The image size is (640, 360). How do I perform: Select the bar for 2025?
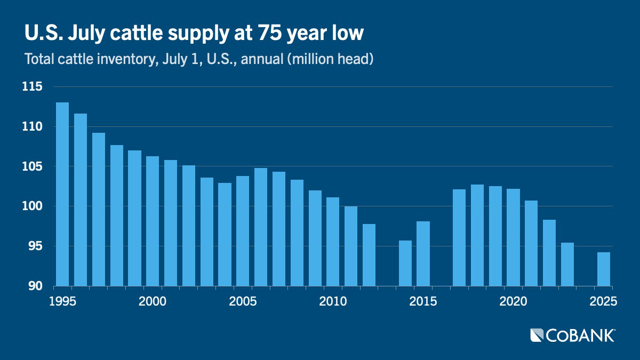(x=604, y=269)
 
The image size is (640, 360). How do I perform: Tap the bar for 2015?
(x=423, y=253)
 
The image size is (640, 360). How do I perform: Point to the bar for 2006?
(x=261, y=227)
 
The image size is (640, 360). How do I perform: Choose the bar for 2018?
(x=477, y=235)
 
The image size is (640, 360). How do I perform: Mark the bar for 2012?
(x=369, y=254)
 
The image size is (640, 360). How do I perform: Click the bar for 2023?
(x=567, y=264)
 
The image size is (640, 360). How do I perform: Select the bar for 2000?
(x=153, y=221)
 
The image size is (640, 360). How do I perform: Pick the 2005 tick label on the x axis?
(x=243, y=301)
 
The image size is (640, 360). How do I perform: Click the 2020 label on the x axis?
(x=514, y=301)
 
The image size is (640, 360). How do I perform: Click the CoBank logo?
(x=572, y=335)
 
